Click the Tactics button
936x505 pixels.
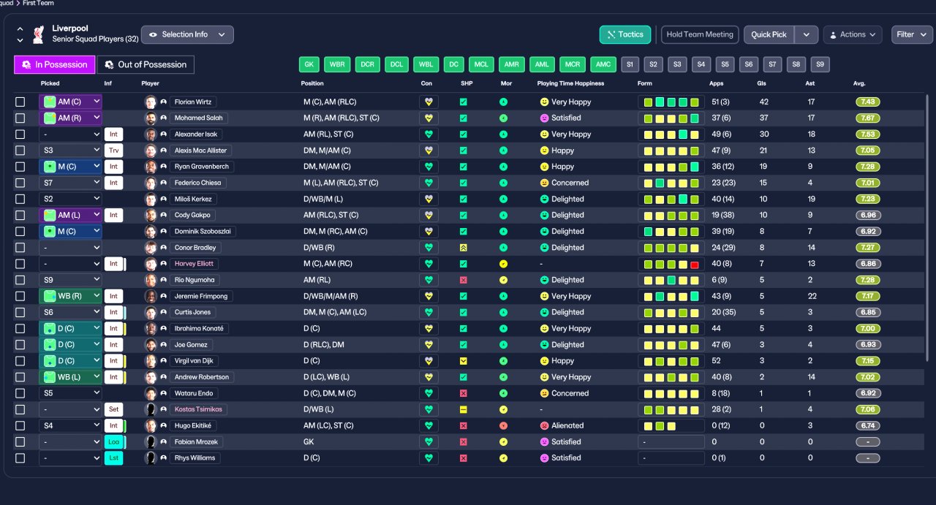coord(625,34)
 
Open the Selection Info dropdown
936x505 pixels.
coord(187,34)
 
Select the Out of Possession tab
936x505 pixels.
coord(146,65)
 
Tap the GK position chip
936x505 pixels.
coord(309,64)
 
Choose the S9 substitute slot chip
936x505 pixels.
coord(820,64)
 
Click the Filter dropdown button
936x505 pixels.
coord(911,34)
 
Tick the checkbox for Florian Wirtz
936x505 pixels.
coord(20,102)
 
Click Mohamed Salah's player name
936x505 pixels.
coord(198,118)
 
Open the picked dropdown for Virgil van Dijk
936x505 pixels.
coord(70,361)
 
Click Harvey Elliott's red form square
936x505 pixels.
coord(695,265)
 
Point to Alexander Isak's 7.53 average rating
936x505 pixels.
coord(867,134)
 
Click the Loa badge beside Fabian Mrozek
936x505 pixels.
coord(113,442)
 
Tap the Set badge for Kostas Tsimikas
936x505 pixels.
coord(113,409)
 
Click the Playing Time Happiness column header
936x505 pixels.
coord(570,83)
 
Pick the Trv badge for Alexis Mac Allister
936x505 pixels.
coord(113,151)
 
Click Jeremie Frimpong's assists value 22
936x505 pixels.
coord(812,296)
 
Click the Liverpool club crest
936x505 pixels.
coord(39,34)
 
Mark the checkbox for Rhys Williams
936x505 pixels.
coord(20,458)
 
